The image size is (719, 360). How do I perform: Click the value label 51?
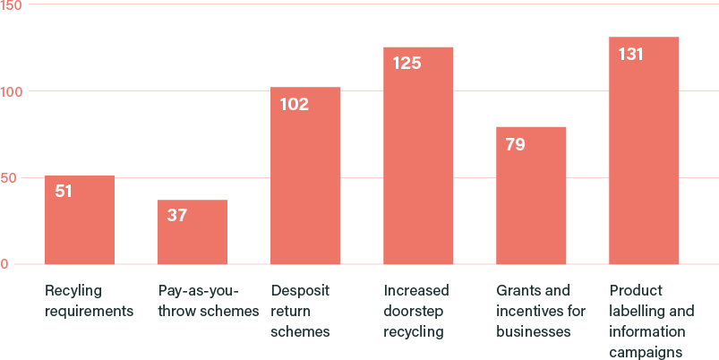(x=63, y=191)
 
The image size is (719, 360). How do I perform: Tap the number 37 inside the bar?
(x=176, y=215)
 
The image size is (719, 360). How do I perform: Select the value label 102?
(x=294, y=104)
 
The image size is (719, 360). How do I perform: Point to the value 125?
(x=407, y=64)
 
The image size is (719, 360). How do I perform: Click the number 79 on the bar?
(x=515, y=143)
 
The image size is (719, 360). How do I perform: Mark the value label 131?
(x=631, y=54)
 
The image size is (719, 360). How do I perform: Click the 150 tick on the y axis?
(x=12, y=5)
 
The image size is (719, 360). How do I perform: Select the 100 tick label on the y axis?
(x=12, y=91)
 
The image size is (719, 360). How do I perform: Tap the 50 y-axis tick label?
(x=8, y=178)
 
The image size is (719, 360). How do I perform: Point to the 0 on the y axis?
(x=4, y=264)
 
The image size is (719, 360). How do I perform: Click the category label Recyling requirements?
(x=89, y=301)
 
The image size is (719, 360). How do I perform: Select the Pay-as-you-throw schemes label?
(x=208, y=301)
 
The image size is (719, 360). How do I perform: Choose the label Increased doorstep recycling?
(x=416, y=312)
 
